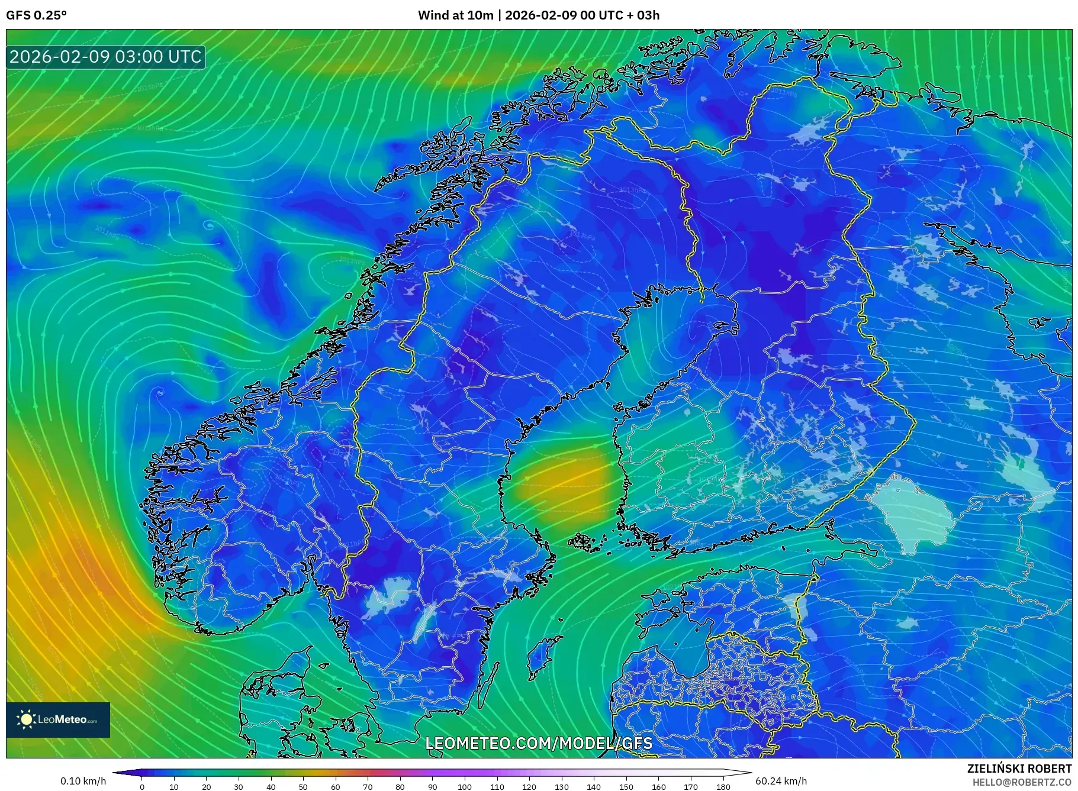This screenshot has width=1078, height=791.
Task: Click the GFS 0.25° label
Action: [x=36, y=15]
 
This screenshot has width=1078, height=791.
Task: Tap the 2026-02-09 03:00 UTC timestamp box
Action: [x=105, y=57]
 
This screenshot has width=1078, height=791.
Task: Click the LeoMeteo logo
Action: [x=58, y=719]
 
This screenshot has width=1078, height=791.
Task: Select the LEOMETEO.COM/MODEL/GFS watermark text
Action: [x=539, y=743]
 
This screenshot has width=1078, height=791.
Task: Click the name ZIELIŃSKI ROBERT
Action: [x=1019, y=769]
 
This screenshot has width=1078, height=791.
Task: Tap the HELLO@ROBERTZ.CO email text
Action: [x=1021, y=782]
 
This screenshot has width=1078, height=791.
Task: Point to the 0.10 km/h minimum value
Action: [x=83, y=781]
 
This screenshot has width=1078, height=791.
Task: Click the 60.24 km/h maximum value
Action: [x=781, y=781]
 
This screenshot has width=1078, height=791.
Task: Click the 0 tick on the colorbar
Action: [x=142, y=787]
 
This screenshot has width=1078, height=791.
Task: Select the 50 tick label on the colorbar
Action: [x=303, y=787]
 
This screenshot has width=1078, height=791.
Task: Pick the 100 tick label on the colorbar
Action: [x=465, y=787]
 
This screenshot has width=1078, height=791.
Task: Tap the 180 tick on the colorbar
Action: [x=723, y=787]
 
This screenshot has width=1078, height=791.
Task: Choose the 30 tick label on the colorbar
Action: [x=239, y=787]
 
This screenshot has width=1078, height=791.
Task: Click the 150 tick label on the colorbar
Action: [x=626, y=787]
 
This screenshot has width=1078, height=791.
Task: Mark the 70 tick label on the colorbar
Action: [x=368, y=787]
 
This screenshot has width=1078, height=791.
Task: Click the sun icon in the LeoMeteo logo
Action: [x=26, y=719]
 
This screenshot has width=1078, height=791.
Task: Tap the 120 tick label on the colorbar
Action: [x=529, y=787]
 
